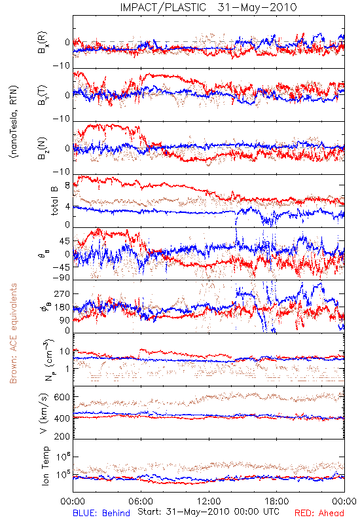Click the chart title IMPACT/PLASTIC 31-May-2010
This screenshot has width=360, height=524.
click(208, 7)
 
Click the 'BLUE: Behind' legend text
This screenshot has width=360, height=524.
click(101, 513)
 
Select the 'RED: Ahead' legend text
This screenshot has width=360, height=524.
click(319, 513)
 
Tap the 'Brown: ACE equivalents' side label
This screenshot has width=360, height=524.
click(13, 333)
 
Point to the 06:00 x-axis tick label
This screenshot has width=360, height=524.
click(141, 501)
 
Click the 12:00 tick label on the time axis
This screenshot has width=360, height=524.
click(209, 501)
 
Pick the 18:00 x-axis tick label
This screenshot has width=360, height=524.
click(277, 501)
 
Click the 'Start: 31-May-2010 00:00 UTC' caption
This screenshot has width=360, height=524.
click(208, 512)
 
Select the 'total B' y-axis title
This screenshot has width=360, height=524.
click(54, 201)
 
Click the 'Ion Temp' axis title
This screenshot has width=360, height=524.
click(45, 466)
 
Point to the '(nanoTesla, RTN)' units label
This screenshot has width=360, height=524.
click(14, 122)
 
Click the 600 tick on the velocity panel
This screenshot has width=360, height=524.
click(62, 397)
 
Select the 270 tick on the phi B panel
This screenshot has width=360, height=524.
click(62, 293)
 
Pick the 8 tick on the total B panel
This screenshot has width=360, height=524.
click(67, 185)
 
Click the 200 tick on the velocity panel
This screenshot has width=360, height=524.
click(62, 436)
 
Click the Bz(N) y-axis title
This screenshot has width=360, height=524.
click(43, 148)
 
